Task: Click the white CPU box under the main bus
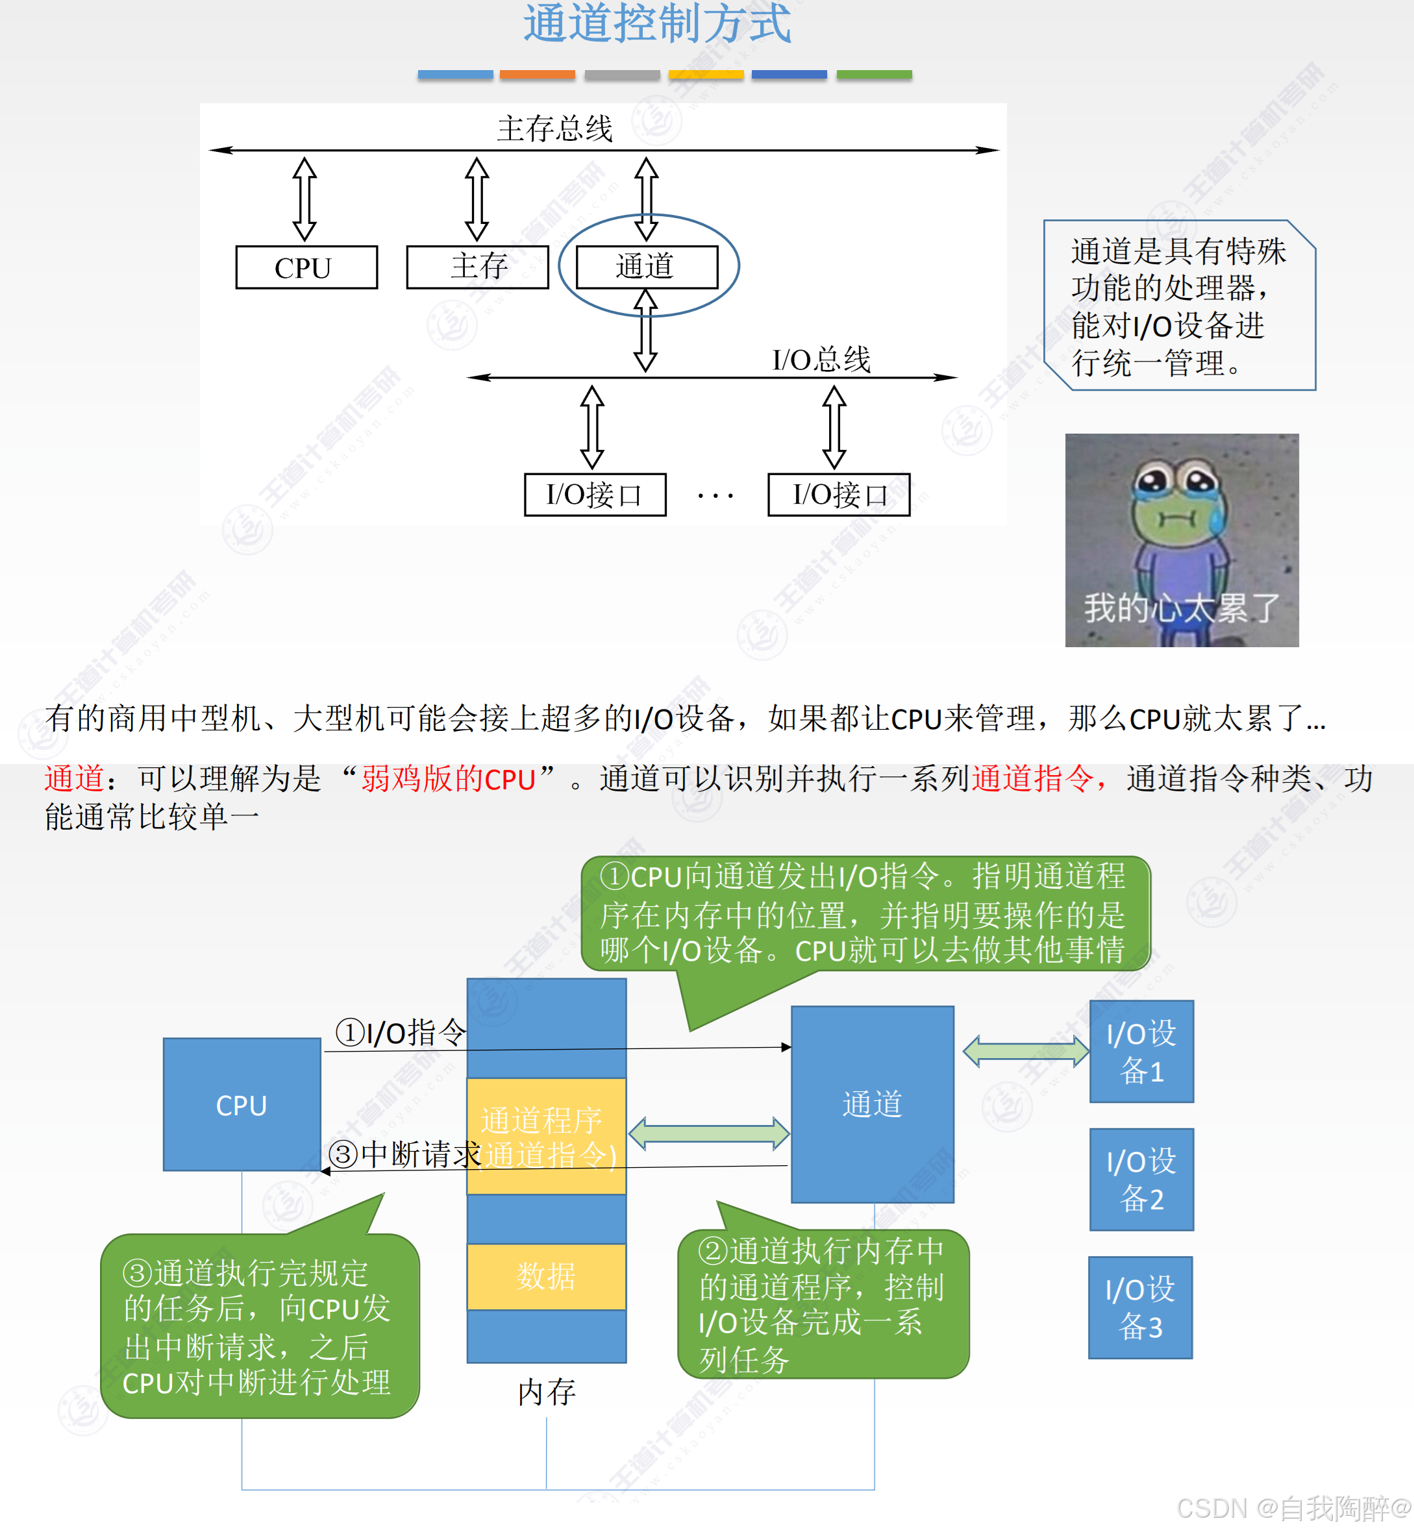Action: point(306,267)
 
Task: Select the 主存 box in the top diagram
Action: point(477,267)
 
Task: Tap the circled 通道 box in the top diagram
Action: point(647,267)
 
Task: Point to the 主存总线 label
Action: point(554,129)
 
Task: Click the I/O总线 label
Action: point(821,360)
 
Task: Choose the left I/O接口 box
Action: point(595,495)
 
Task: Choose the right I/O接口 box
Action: point(839,495)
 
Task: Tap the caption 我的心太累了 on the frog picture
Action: point(1182,608)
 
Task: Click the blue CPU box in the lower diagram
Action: point(242,1104)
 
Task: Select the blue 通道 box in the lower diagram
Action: point(873,1104)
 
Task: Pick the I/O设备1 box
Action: point(1141,1052)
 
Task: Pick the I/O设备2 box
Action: point(1141,1180)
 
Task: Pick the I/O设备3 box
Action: point(1140,1307)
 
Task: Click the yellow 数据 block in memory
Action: point(547,1276)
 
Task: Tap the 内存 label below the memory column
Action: point(547,1392)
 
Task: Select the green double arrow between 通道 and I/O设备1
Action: point(1025,1051)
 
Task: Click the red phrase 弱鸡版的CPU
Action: point(449,779)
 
